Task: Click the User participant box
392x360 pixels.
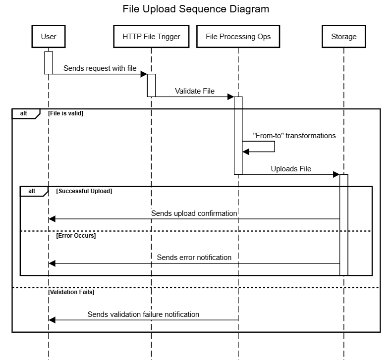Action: click(49, 36)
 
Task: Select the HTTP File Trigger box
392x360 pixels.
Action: click(151, 36)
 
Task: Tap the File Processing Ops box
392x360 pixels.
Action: click(238, 36)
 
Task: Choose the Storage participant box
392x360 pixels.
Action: click(343, 36)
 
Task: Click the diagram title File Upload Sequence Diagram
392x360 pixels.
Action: click(196, 9)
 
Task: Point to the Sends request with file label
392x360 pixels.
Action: click(100, 68)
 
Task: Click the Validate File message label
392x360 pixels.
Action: click(195, 91)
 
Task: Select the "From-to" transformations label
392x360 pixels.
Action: click(294, 136)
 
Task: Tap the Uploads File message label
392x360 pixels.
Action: click(291, 169)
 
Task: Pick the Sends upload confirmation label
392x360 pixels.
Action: click(194, 213)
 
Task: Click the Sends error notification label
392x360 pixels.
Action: click(194, 257)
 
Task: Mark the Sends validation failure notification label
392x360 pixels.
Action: click(143, 314)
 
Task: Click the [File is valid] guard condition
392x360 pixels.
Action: click(66, 113)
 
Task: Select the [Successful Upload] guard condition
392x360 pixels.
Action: click(84, 191)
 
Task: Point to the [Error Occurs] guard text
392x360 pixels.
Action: click(76, 236)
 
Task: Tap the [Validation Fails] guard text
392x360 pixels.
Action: click(71, 292)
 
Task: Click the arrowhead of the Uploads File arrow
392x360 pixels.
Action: click(336, 174)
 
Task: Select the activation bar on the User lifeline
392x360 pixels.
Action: click(49, 62)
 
